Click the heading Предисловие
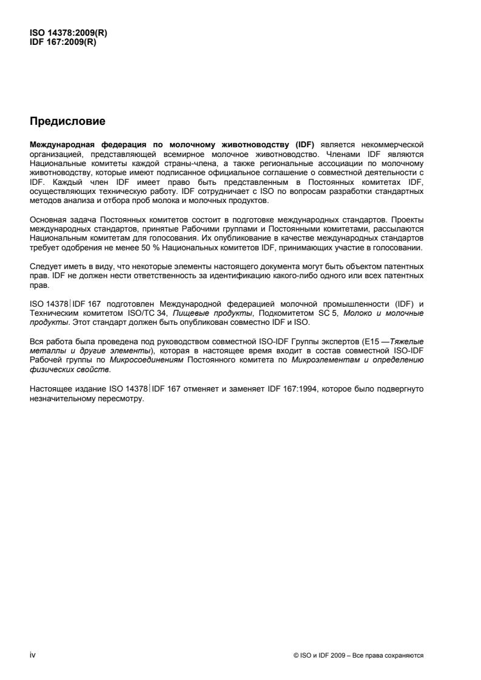point(67,122)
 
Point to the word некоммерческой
point(397,145)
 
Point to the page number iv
point(33,656)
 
